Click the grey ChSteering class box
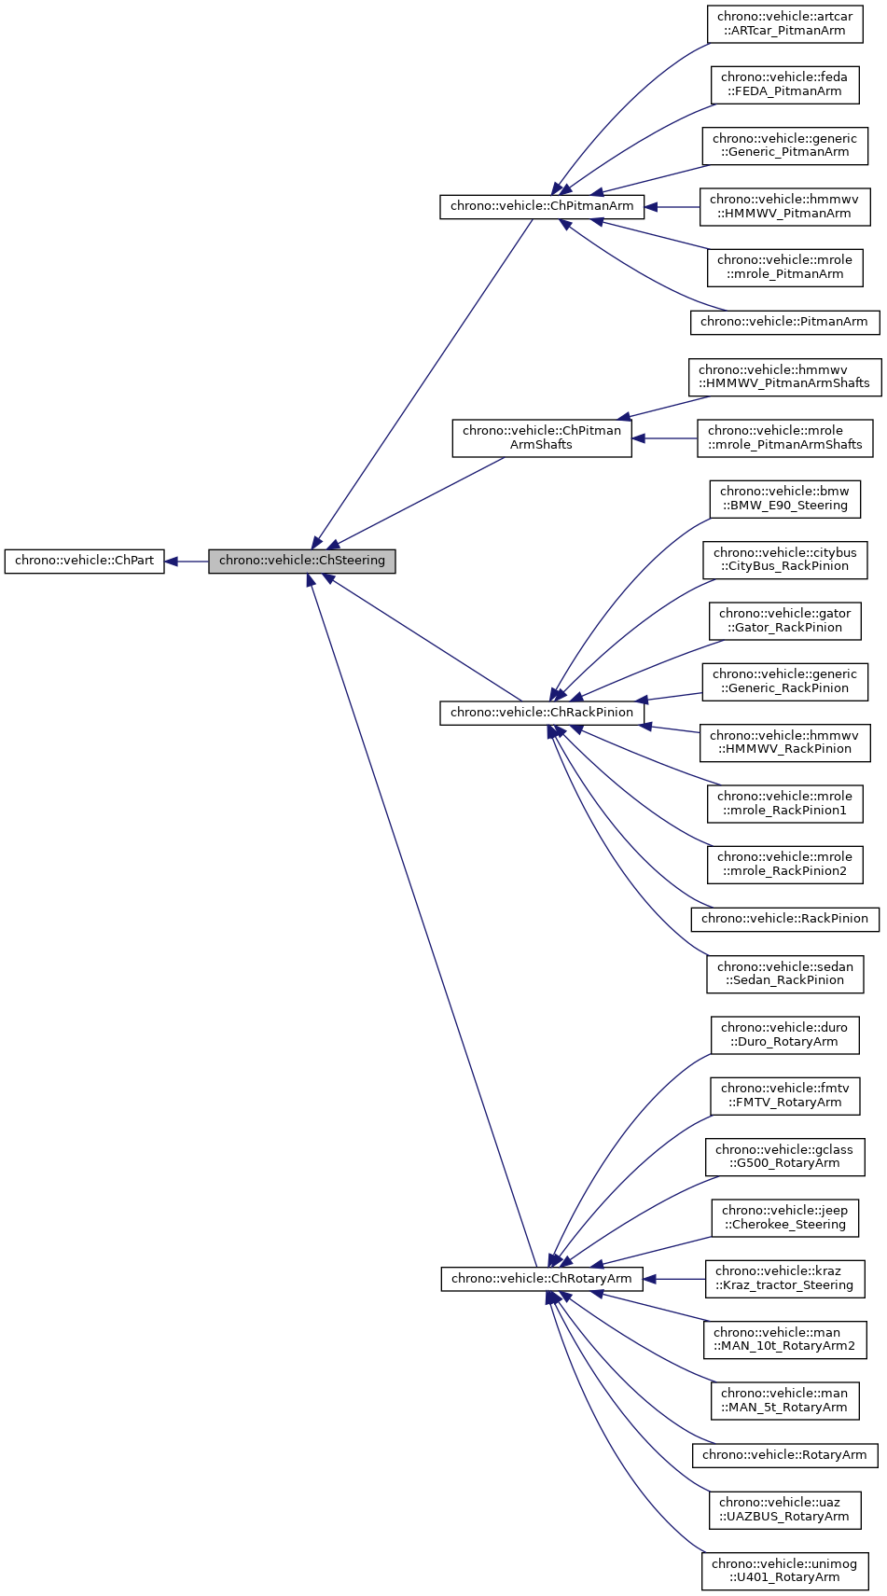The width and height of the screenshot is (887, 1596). click(301, 562)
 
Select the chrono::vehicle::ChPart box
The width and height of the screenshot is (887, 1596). click(84, 562)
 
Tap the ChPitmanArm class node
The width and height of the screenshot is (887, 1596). click(542, 206)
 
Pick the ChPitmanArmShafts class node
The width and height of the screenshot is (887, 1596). click(542, 437)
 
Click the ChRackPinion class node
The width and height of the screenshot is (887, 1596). click(542, 713)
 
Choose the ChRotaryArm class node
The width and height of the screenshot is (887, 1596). click(542, 1279)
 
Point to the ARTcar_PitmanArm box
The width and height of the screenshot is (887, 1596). click(785, 23)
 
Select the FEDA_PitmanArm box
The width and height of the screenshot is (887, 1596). click(784, 84)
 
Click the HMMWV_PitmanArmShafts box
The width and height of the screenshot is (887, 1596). click(784, 376)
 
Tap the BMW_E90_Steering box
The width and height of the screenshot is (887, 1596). click(784, 498)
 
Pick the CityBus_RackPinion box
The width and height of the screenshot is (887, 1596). click(784, 559)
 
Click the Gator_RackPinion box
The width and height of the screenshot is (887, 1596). click(784, 620)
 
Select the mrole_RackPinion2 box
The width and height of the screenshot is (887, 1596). click(784, 864)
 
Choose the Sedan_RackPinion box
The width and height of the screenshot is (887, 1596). click(784, 973)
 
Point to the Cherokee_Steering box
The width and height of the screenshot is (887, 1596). click(784, 1217)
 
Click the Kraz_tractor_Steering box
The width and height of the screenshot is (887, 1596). click(784, 1278)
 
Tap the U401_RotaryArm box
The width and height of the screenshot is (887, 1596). click(784, 1571)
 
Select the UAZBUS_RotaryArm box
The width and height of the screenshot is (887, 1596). click(784, 1509)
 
